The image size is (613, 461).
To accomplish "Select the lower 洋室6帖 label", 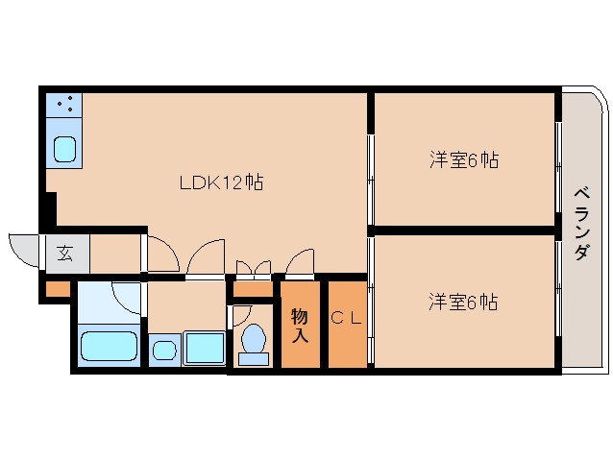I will [x=463, y=302].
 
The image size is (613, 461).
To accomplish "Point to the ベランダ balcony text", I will [x=581, y=223].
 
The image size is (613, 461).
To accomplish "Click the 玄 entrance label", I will [x=65, y=254].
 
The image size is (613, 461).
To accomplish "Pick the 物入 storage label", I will [x=300, y=326].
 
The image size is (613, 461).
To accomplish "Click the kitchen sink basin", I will [x=65, y=149].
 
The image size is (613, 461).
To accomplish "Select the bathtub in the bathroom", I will [x=109, y=347].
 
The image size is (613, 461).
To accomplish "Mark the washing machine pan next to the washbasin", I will [x=204, y=348].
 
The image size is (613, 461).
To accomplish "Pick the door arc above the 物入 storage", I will [x=300, y=261].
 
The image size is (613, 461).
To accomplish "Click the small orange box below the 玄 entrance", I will [x=58, y=287].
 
